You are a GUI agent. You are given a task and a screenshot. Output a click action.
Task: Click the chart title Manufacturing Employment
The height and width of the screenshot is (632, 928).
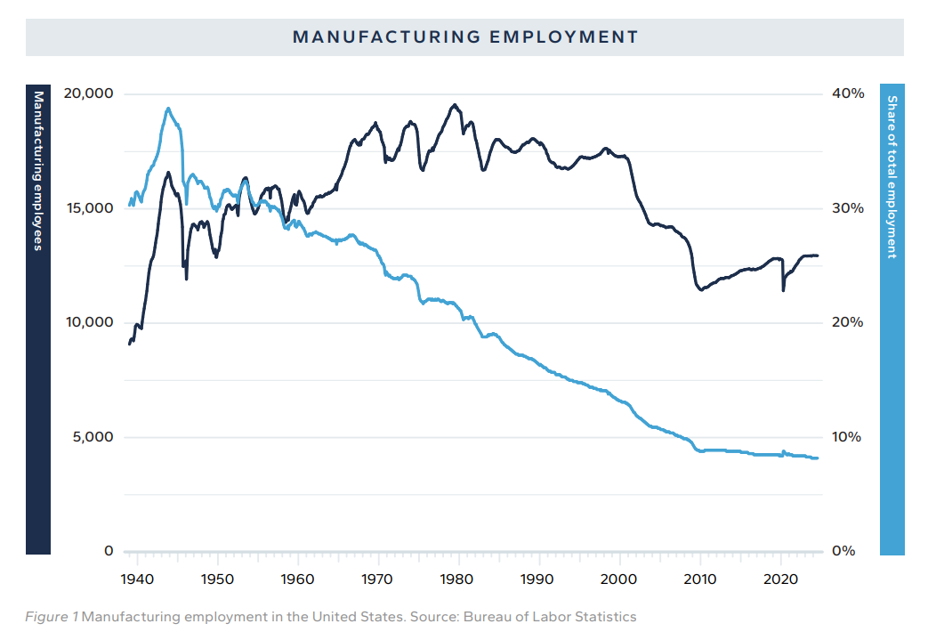465,37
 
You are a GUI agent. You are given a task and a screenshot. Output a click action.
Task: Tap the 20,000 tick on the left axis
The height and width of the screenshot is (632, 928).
87,93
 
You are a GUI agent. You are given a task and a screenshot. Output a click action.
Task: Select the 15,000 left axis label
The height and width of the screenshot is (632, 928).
87,208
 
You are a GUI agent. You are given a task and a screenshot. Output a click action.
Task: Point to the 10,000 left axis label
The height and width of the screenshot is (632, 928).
87,322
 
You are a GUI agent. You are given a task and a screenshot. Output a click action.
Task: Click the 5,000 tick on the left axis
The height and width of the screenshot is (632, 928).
91,437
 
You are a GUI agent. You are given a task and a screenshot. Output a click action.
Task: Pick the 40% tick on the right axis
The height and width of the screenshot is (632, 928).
849,93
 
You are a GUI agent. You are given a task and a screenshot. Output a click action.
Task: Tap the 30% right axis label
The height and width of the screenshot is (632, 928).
849,208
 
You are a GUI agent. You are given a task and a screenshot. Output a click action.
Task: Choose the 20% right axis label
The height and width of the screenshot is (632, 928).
849,322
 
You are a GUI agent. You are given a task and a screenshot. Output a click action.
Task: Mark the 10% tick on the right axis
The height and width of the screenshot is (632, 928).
848,437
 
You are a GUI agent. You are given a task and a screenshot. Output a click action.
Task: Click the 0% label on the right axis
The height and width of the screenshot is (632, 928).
844,551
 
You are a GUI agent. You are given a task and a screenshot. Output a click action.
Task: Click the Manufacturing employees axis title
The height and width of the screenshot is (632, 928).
38,171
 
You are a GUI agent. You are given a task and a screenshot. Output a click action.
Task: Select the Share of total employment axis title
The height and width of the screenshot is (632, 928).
892,177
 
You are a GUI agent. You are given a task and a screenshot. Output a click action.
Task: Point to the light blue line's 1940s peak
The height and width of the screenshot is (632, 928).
167,109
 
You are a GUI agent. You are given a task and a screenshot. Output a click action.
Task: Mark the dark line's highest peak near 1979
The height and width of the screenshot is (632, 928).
455,105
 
